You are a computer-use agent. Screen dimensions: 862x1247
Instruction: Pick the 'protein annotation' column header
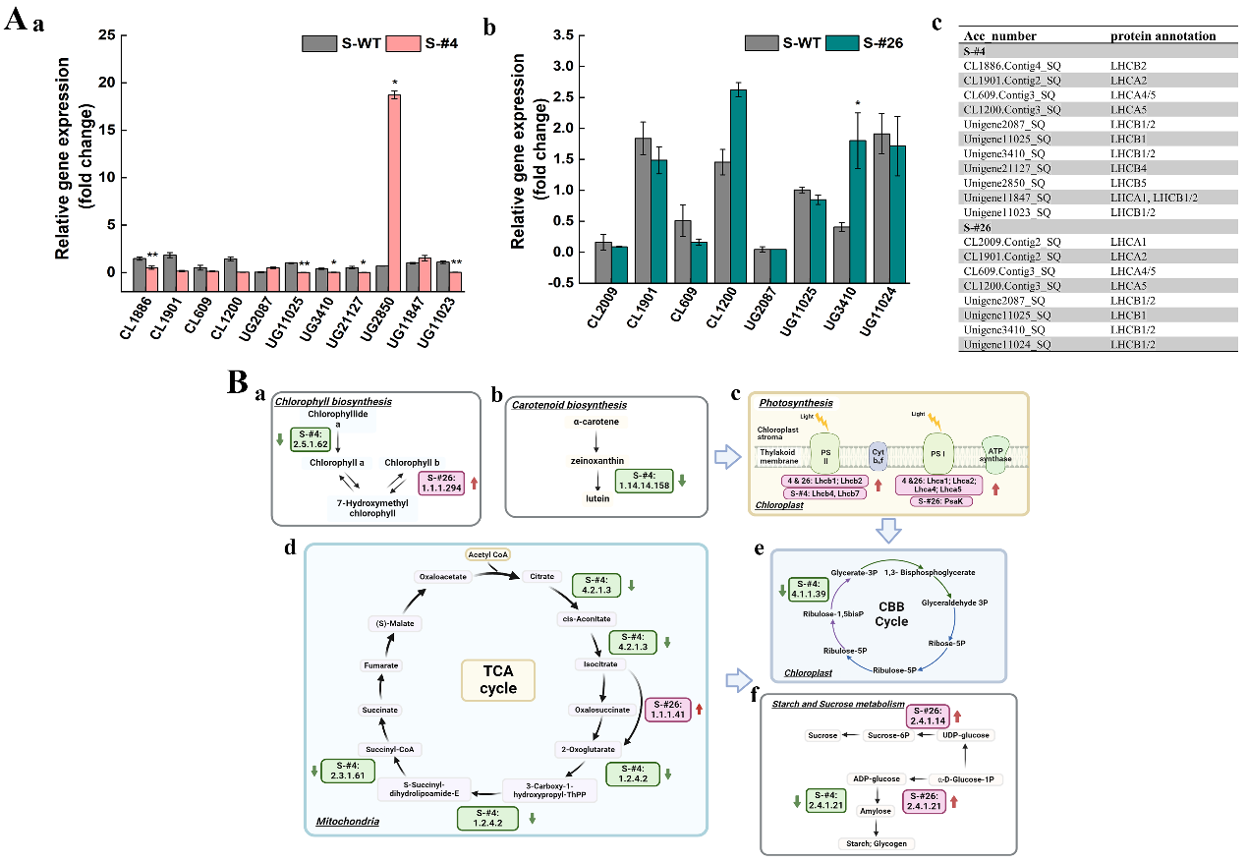click(x=1162, y=36)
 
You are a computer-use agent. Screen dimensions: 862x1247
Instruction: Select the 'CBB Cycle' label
click(x=889, y=614)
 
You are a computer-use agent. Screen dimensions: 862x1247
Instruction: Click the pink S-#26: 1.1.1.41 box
click(x=668, y=710)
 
